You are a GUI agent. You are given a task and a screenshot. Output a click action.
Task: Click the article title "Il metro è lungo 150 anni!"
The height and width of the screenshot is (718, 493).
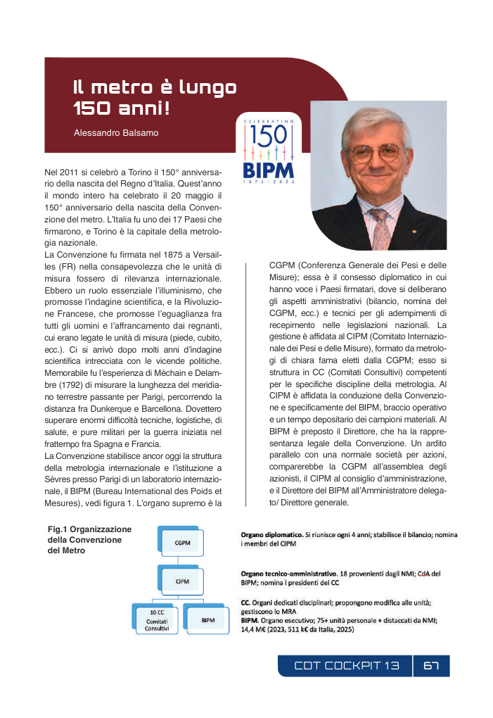[x=155, y=98]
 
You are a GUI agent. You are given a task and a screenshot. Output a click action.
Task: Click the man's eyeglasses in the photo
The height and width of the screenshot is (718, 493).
[x=380, y=153]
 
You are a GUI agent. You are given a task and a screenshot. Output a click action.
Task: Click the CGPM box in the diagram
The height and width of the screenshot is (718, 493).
[x=182, y=542]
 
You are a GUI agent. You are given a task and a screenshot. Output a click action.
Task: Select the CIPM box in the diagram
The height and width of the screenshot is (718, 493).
[x=182, y=581]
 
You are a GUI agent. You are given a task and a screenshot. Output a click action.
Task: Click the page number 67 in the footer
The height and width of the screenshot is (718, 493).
[x=431, y=666]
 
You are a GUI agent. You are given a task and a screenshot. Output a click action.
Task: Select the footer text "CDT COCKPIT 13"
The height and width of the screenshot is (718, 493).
[x=347, y=666]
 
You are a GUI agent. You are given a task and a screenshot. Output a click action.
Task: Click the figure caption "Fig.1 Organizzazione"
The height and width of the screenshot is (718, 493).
[x=90, y=529]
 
